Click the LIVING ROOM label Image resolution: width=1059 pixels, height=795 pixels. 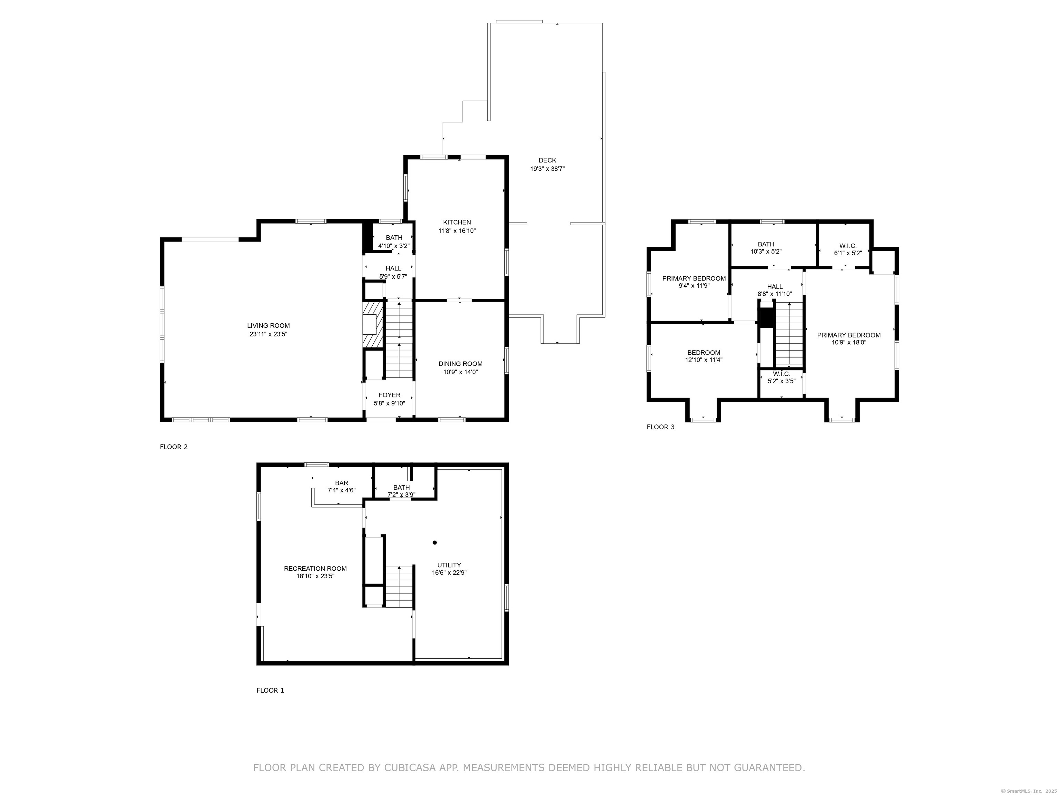(x=268, y=326)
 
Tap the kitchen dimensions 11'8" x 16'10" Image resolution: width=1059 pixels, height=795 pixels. (x=457, y=231)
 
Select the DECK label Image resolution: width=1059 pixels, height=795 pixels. (x=547, y=160)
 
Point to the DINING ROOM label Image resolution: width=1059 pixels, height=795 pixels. (x=460, y=364)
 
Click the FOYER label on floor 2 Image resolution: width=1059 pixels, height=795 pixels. (x=389, y=395)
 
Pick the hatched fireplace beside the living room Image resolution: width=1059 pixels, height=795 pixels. (x=373, y=324)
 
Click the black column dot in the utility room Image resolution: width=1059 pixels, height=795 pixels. (x=435, y=542)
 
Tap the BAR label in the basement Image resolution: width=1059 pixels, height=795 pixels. (x=341, y=483)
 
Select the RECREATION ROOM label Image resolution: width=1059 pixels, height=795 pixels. (x=315, y=568)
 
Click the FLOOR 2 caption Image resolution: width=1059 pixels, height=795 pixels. (x=173, y=447)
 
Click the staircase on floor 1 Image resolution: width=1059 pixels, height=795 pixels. (x=399, y=586)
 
